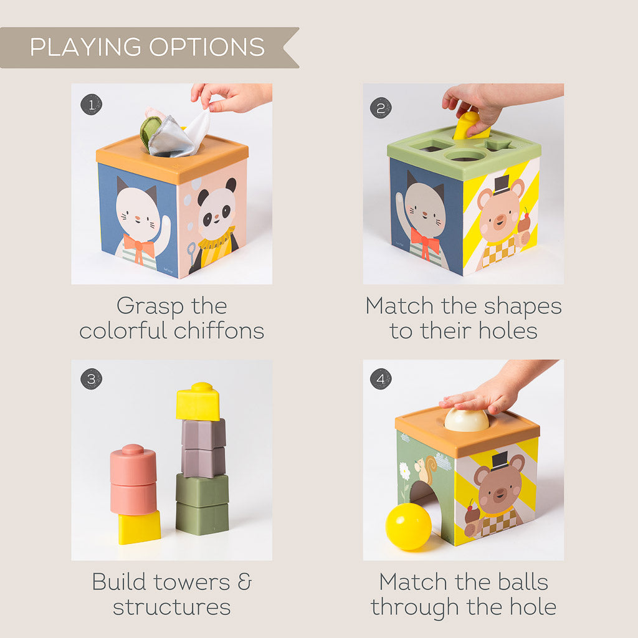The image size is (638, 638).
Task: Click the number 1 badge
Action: coord(91,104)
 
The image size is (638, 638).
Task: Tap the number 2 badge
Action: coord(381,108)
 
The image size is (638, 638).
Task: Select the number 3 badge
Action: coord(91,378)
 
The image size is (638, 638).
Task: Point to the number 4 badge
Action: coord(381,378)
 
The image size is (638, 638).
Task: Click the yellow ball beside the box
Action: coord(408,526)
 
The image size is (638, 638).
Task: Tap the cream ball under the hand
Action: coord(467,421)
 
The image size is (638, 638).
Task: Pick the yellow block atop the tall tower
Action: coord(198,402)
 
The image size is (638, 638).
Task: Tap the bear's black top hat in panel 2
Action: coord(500,184)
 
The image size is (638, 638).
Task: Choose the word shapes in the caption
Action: coord(522,306)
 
